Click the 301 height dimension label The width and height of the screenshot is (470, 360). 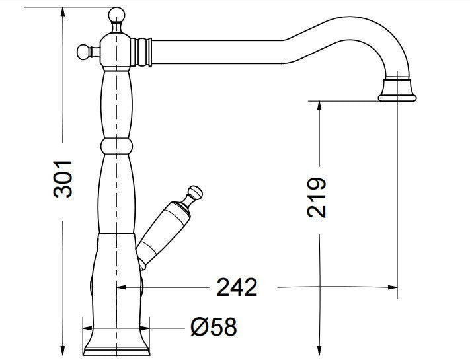point(63,178)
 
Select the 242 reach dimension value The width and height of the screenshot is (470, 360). point(237,287)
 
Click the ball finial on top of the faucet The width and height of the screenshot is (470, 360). point(116,14)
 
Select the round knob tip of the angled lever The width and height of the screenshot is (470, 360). point(196,193)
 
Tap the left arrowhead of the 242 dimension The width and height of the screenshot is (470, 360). point(122,287)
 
